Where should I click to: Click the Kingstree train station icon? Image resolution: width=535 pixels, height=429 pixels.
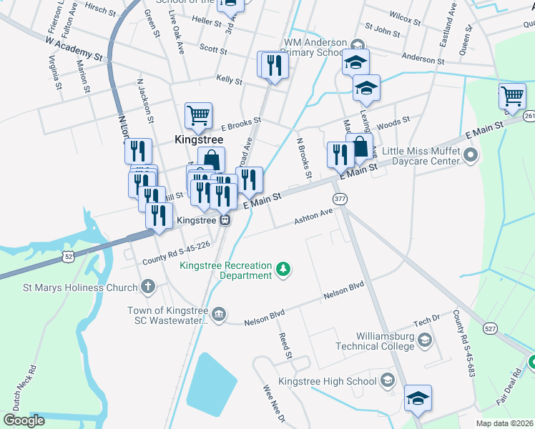coord(225,220)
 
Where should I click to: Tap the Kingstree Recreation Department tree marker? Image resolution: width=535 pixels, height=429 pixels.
coord(285,270)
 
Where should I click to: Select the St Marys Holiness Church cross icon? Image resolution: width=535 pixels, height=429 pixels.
coord(148,287)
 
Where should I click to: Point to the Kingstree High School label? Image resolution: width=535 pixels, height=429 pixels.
coord(328,381)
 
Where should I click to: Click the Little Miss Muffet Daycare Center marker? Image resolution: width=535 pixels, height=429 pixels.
coord(470,154)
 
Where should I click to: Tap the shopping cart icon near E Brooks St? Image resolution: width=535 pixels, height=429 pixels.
coord(198,114)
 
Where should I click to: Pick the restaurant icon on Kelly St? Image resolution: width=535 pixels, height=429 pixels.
coord(274,66)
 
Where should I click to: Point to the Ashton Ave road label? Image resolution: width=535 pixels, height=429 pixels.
coord(313,217)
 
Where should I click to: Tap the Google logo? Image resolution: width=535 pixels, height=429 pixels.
coord(24,420)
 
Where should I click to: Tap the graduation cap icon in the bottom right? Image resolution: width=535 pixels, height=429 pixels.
coord(418,398)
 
